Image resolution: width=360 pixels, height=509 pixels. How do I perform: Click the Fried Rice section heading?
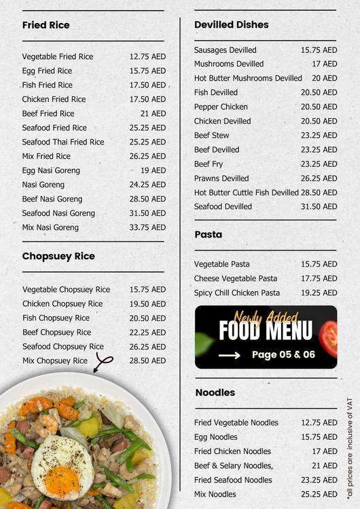pos(46,25)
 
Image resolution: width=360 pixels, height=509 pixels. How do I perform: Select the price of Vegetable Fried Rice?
pos(147,56)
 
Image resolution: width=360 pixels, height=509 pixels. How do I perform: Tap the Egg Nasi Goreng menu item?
pos(51,170)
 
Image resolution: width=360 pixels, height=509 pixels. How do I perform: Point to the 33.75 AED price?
pos(147,227)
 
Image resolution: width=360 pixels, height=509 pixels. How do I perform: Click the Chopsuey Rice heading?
pos(58,256)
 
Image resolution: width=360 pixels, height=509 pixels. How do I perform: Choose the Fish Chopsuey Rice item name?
pos(56,318)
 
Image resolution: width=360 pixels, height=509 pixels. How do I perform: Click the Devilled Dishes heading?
pos(231,24)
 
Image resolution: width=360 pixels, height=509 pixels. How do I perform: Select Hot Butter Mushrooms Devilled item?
pos(248,78)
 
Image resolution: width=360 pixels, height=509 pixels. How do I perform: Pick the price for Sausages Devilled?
pos(319,50)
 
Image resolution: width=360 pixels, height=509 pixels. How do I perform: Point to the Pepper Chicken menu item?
pos(221,107)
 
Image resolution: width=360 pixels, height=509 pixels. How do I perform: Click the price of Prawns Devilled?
pos(319,178)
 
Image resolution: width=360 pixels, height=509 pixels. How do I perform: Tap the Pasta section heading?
pos(208,234)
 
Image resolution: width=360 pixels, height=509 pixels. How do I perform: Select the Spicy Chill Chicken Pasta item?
pos(236,293)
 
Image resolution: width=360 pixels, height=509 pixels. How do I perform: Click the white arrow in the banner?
pos(229,355)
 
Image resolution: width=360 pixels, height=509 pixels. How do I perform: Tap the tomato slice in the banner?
pos(329,339)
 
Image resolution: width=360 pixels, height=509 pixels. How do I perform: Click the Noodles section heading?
pos(215,392)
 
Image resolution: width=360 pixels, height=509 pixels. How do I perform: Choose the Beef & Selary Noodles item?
pos(233,466)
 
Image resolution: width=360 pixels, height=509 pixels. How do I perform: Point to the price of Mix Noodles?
pos(319,494)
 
